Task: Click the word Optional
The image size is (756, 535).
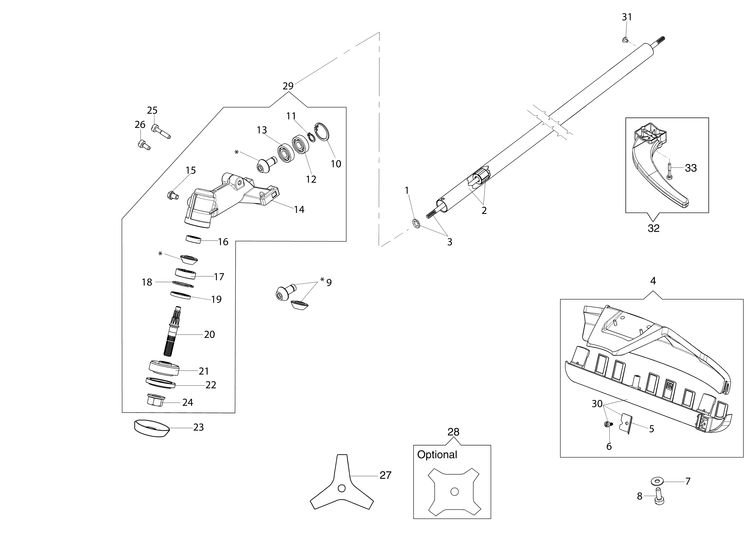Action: click(x=437, y=455)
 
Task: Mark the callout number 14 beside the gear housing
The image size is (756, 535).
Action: click(x=299, y=210)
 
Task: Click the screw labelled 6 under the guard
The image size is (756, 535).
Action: click(x=607, y=425)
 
